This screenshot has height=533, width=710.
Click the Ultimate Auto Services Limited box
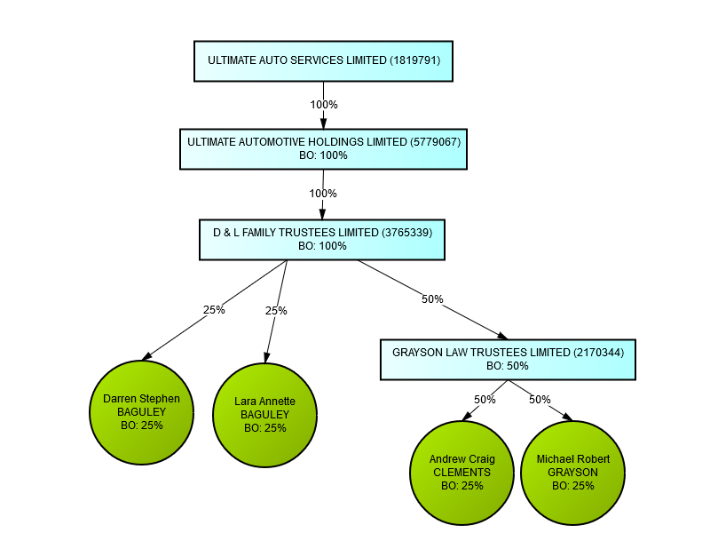(x=323, y=60)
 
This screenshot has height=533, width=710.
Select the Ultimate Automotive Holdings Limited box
(x=323, y=148)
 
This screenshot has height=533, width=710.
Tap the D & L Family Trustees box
(x=322, y=239)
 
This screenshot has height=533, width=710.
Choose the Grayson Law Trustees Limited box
(x=508, y=359)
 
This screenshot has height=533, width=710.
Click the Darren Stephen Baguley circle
(x=141, y=412)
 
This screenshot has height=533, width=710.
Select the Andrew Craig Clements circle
(x=461, y=473)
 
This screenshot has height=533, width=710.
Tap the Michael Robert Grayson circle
(x=572, y=473)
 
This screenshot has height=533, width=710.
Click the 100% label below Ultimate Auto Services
(x=324, y=105)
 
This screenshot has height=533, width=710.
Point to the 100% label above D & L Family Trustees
(x=323, y=194)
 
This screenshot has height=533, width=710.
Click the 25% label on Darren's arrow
(x=214, y=310)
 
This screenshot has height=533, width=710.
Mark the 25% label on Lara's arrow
(x=277, y=311)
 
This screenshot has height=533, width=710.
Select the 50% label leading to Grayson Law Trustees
(x=432, y=299)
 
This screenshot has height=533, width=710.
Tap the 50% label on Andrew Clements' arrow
(x=485, y=400)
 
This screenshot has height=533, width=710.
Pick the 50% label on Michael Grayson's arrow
(x=540, y=400)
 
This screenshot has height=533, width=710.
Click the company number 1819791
(x=414, y=60)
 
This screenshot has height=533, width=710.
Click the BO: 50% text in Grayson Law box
(x=508, y=365)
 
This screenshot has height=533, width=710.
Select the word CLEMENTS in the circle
(x=461, y=473)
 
